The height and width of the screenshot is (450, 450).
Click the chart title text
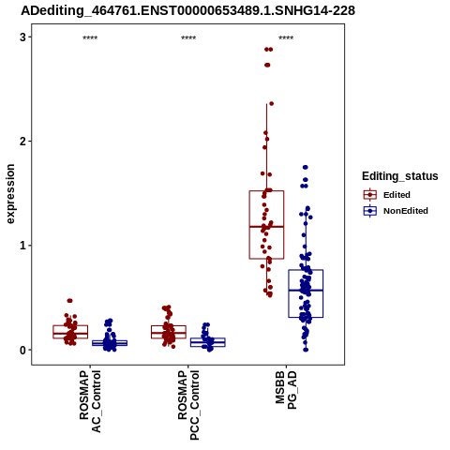point(187,11)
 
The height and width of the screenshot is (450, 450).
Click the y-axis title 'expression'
point(10,194)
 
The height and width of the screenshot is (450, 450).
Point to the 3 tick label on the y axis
point(22,37)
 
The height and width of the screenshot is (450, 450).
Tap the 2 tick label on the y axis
point(22,142)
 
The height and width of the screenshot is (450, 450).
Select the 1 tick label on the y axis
point(22,246)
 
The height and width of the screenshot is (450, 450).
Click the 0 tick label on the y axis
point(22,350)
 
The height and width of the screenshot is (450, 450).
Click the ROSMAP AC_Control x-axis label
point(90,401)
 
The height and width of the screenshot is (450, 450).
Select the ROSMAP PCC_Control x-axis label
point(188,405)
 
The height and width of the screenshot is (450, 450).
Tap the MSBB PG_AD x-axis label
point(286,390)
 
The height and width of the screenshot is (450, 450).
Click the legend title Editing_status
point(399,176)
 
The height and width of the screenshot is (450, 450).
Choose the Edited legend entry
point(387,195)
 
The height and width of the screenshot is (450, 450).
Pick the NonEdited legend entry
point(396,211)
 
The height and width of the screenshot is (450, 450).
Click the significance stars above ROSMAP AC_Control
point(90,37)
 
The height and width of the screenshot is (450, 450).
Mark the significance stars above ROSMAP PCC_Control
point(188,37)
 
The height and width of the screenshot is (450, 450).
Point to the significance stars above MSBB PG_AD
point(286,37)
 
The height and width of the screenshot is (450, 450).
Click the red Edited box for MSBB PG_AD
point(266,190)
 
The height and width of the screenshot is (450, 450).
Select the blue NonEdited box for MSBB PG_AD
point(306,270)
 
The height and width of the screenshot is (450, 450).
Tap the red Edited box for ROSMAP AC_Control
point(70,325)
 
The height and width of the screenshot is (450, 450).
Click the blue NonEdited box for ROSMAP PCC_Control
point(208,338)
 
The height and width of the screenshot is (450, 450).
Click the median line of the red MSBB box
point(266,227)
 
